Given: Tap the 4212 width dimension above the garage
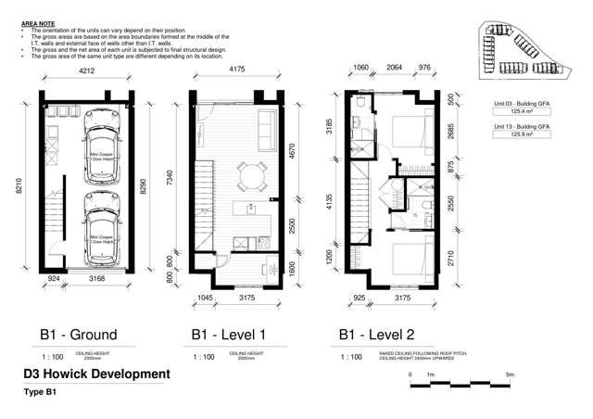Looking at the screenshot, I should coord(86,70).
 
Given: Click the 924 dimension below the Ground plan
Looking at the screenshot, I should coord(54,276).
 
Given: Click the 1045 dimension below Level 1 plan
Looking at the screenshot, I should coord(207,298).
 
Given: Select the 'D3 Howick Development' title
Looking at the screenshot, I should coord(97,375).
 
